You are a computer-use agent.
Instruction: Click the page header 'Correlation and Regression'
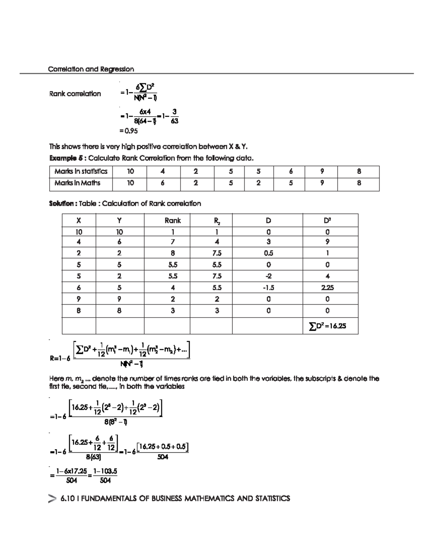click(x=91, y=69)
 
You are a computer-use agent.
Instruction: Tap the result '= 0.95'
click(x=129, y=131)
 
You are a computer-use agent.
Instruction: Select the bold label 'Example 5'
click(x=67, y=158)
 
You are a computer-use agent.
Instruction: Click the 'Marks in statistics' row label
click(x=81, y=171)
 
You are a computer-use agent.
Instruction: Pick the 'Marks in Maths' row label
click(x=77, y=183)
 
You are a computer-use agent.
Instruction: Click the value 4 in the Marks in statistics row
click(x=162, y=171)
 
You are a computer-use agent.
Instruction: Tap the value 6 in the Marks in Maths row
click(x=162, y=183)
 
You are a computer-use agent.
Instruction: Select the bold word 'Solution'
click(x=62, y=204)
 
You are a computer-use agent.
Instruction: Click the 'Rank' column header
click(x=173, y=220)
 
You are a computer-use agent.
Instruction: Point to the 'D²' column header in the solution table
click(x=327, y=220)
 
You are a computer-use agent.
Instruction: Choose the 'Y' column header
click(x=119, y=220)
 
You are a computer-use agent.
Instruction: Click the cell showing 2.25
click(x=327, y=288)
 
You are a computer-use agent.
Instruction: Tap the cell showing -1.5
click(x=268, y=288)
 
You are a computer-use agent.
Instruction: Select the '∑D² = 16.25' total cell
click(x=327, y=326)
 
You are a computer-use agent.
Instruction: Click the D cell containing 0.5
click(x=268, y=253)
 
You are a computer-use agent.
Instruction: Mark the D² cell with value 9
click(x=327, y=242)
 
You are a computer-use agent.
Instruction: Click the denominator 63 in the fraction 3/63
click(x=174, y=121)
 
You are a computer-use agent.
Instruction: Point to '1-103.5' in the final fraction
click(x=105, y=472)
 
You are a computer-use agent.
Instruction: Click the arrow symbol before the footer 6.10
click(x=52, y=499)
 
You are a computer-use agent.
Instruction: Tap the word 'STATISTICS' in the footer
click(x=272, y=498)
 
